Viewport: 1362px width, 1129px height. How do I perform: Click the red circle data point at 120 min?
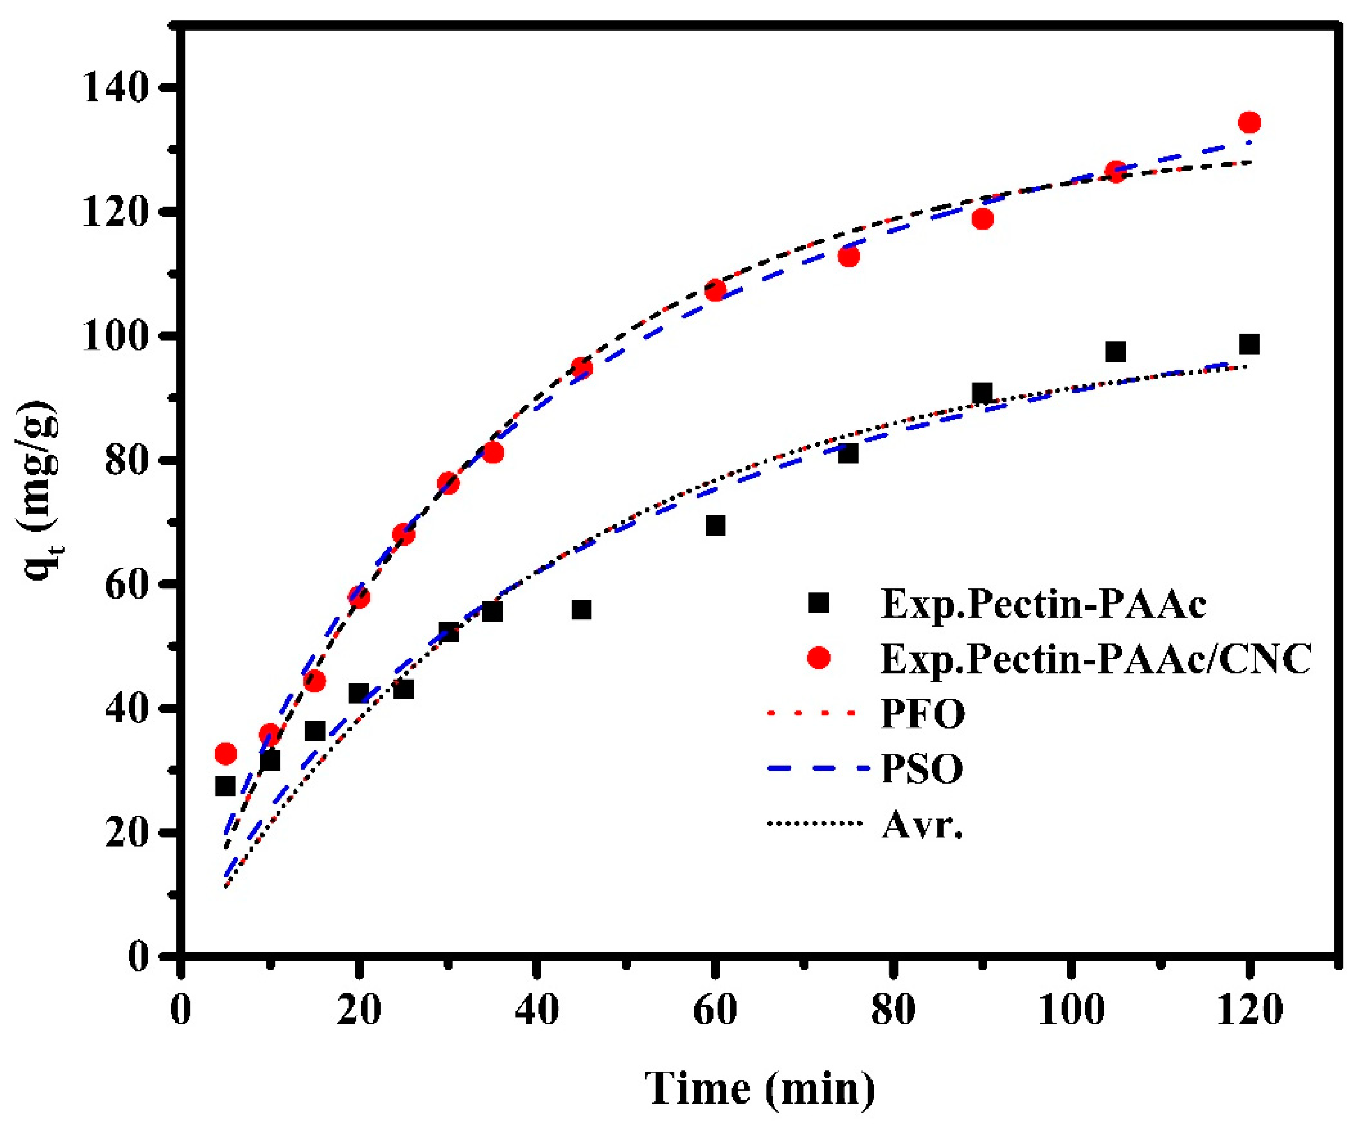tap(1248, 122)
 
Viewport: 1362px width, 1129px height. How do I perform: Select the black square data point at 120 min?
tap(1248, 344)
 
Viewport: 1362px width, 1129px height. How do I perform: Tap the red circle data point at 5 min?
tap(225, 754)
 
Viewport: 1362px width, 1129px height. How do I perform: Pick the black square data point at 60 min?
tap(715, 525)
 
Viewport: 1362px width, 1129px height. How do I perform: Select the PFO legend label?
tap(923, 713)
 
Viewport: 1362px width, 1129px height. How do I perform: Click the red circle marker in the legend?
tap(819, 658)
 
